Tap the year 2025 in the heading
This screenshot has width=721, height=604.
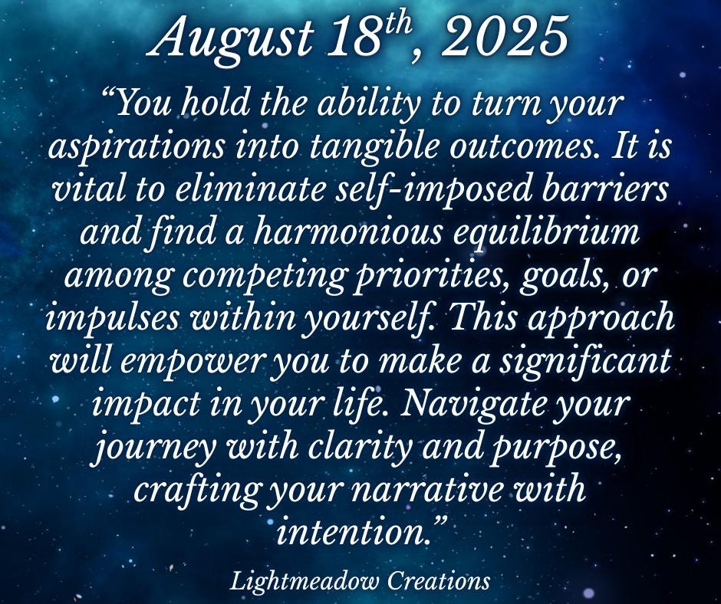tap(504, 37)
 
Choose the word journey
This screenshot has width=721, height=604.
tap(153, 448)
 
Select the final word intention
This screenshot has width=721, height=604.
tap(352, 533)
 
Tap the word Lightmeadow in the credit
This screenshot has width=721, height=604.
tap(305, 581)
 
